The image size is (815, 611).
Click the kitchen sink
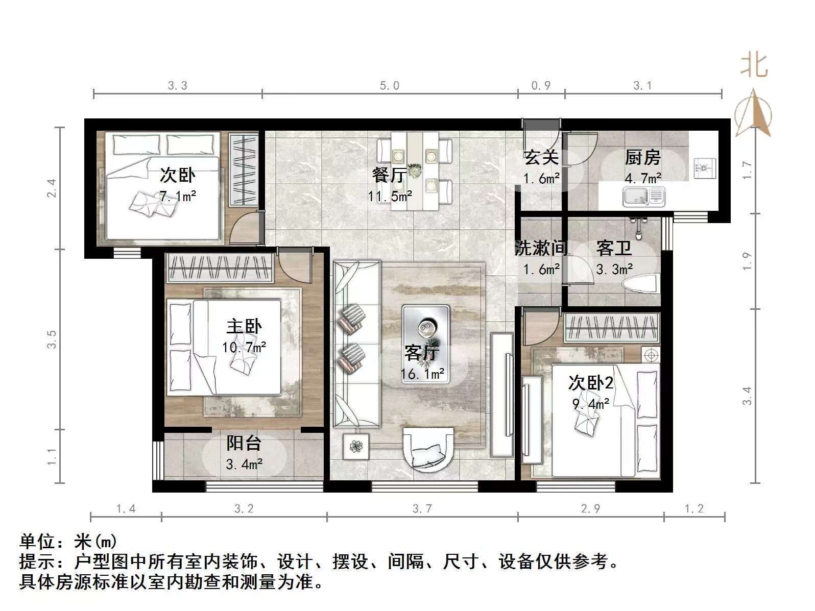[x=643, y=197]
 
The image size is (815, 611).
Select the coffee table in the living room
[x=425, y=337]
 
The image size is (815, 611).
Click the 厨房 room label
[x=643, y=158]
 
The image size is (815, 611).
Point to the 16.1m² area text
[x=422, y=374]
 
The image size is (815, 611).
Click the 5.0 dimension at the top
[x=390, y=86]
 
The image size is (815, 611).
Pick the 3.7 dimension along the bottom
[x=422, y=508]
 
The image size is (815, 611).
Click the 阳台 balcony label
[x=244, y=443]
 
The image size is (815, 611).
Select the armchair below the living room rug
[x=428, y=448]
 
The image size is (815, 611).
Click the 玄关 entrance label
[x=541, y=158]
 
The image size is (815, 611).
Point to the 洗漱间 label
[x=541, y=249]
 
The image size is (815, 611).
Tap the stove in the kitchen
[x=704, y=166]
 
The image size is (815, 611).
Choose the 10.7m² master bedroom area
[x=244, y=348]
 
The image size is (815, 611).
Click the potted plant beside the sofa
[x=355, y=447]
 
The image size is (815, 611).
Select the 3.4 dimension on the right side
[x=747, y=396]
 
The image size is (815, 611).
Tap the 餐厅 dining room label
[x=390, y=176]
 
